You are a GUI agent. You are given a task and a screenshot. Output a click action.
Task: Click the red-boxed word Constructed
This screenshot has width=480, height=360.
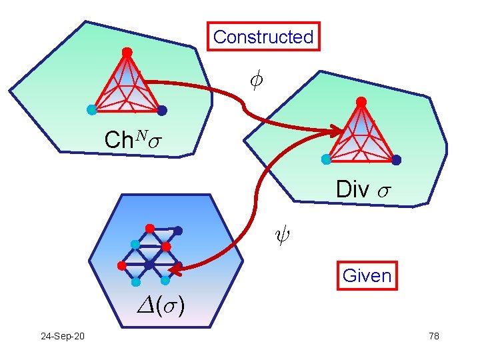[263, 37]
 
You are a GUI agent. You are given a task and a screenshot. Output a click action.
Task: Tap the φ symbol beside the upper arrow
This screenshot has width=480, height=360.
[256, 81]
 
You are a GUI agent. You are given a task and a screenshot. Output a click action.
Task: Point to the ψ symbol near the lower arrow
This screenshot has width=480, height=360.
[282, 235]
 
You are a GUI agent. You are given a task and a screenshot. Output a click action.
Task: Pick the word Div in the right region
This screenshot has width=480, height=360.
[353, 189]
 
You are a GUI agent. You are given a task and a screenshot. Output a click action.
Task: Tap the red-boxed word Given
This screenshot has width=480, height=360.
[367, 275]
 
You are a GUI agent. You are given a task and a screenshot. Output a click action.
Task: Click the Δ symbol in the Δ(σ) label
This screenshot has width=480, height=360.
[145, 305]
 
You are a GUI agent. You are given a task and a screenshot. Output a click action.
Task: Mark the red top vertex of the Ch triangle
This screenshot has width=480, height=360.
[127, 52]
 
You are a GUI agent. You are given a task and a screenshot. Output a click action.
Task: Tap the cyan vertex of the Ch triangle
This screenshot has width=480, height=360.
[91, 109]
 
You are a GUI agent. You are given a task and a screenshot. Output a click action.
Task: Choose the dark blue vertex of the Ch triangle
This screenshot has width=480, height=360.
[162, 111]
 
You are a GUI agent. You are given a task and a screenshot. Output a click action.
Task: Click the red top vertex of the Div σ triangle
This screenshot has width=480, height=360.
[361, 101]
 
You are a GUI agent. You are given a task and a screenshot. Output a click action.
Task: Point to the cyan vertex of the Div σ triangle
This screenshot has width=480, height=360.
[326, 159]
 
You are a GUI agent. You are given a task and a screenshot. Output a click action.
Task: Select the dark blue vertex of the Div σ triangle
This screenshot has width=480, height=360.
[397, 160]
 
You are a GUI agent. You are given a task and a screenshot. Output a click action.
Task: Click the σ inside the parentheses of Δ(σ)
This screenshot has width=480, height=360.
[169, 307]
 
